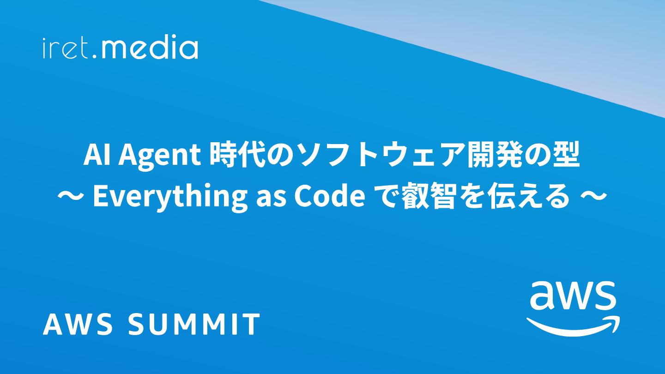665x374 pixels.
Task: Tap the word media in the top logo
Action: [x=150, y=47]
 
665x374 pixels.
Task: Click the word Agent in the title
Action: [x=160, y=157]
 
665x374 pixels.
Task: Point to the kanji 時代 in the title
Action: [x=237, y=156]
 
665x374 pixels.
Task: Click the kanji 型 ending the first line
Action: [x=567, y=156]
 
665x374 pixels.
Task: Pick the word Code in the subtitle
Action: [x=330, y=197]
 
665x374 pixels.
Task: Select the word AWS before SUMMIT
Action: [x=78, y=324]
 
